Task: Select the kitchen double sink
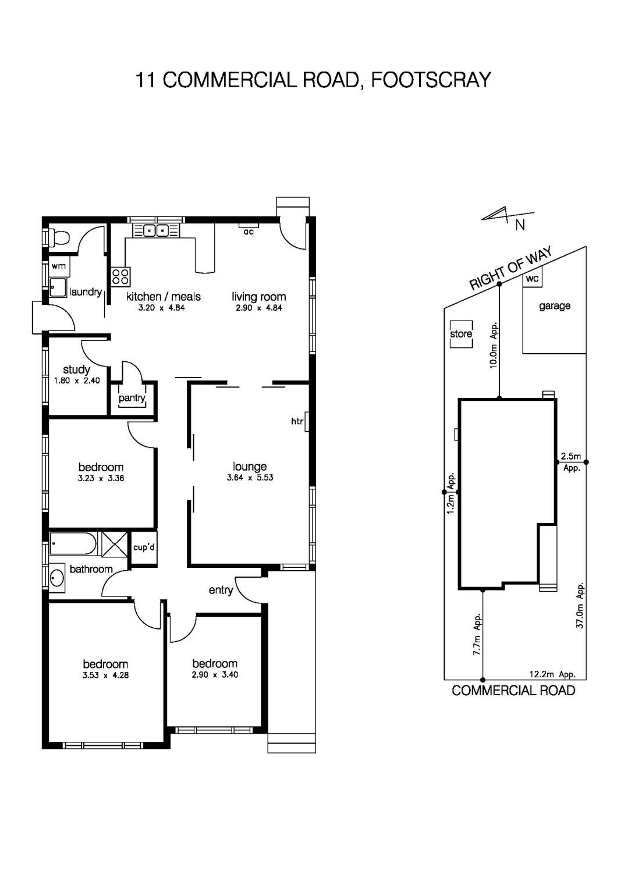click(x=155, y=230)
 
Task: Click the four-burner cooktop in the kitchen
click(x=121, y=276)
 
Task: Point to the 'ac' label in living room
click(x=249, y=232)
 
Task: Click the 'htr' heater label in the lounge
click(x=297, y=421)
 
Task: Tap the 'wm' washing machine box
click(x=59, y=266)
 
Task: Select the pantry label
click(x=132, y=398)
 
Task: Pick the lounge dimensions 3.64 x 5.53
click(x=250, y=478)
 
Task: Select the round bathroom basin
click(x=57, y=578)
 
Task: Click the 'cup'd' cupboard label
click(x=143, y=547)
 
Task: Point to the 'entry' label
click(x=221, y=590)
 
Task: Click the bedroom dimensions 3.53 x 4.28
click(x=105, y=675)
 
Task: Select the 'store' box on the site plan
click(x=461, y=334)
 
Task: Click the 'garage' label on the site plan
click(x=554, y=305)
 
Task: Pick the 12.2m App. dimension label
click(x=552, y=674)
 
